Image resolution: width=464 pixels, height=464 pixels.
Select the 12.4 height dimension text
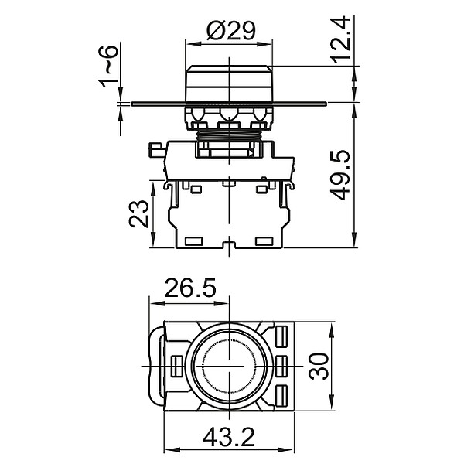tap(345, 39)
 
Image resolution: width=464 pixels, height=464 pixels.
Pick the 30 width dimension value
tap(316, 364)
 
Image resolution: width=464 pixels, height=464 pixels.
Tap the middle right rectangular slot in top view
tap(281, 363)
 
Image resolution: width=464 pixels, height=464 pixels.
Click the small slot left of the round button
tap(176, 363)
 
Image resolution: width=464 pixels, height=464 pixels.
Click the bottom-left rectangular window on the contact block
tap(194, 240)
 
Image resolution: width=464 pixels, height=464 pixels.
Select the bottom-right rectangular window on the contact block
tap(264, 240)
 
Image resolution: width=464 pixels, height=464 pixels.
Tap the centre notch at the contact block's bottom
tap(229, 247)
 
